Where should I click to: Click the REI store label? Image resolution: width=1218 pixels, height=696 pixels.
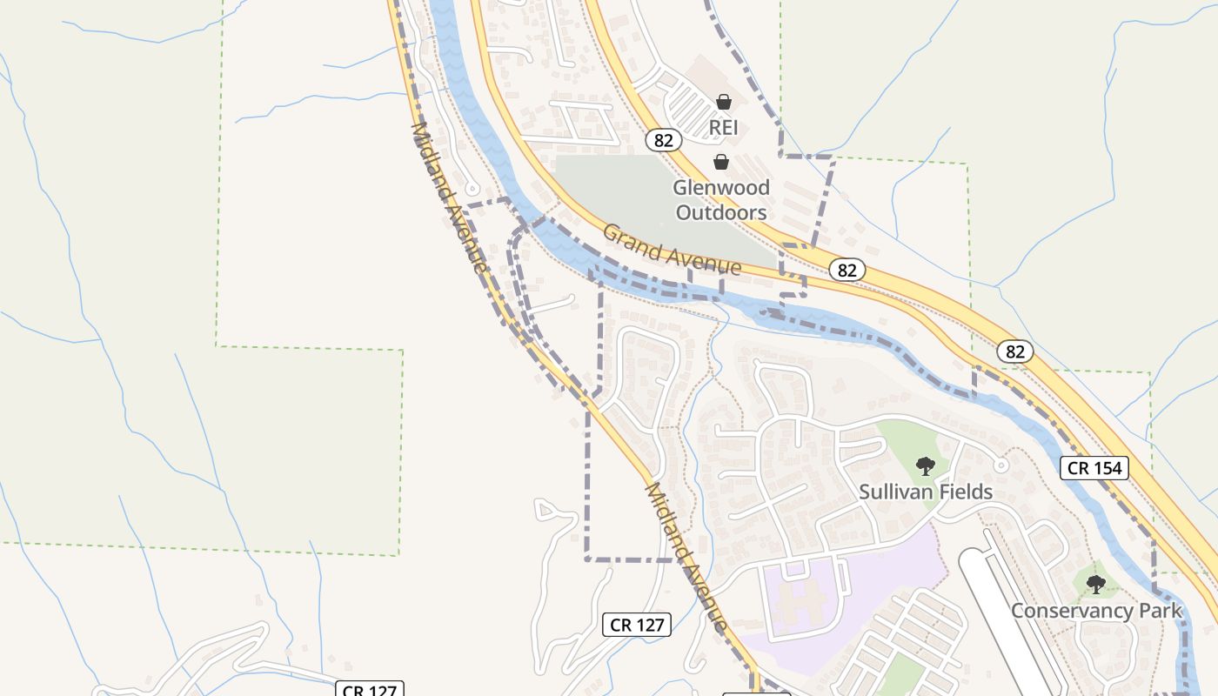tap(723, 128)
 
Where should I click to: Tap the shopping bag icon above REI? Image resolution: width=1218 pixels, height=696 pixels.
tap(723, 102)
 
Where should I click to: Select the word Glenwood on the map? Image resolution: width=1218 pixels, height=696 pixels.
tap(721, 188)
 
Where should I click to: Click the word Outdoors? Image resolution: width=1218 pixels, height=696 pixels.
tap(721, 212)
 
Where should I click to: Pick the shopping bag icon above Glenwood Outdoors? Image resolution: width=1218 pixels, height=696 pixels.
tap(721, 162)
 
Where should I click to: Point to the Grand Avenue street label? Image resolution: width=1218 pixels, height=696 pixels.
tap(672, 250)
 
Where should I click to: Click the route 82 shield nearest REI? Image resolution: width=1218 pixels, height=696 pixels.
tap(664, 140)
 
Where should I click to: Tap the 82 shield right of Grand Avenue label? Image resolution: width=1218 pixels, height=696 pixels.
tap(847, 270)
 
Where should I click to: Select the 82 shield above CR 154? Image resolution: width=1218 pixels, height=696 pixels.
tap(1014, 351)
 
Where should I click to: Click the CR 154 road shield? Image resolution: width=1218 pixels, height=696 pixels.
tap(1094, 468)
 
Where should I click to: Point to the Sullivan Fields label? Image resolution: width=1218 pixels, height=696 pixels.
tap(926, 492)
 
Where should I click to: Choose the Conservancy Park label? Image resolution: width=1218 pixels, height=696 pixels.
tap(1096, 611)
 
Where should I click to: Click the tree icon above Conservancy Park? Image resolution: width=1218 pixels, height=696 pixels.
tap(1096, 585)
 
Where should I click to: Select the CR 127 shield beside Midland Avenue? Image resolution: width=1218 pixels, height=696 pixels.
tap(637, 624)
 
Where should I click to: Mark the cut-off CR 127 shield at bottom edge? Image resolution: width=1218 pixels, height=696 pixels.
tap(371, 689)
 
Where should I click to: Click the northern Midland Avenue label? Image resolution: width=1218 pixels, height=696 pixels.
tap(449, 198)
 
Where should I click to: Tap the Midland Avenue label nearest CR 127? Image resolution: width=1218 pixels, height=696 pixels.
tap(686, 557)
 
